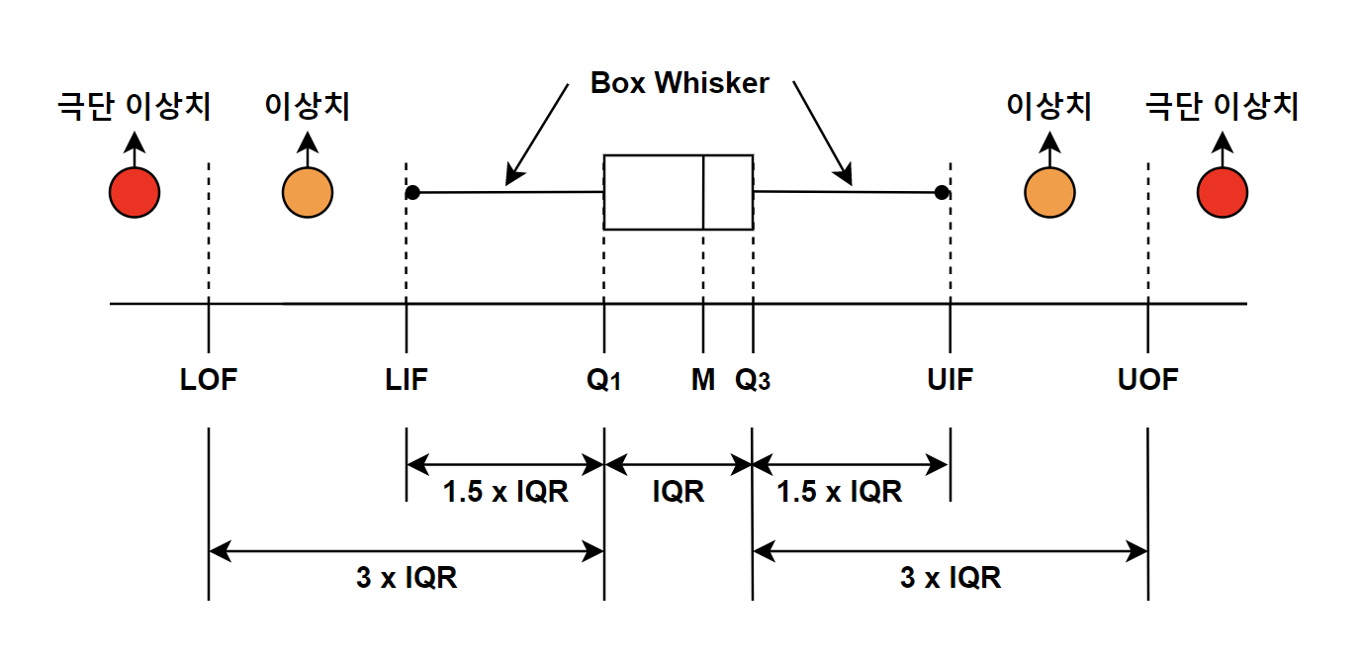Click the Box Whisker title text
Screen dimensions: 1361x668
[680, 83]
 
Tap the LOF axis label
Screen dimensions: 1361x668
[209, 379]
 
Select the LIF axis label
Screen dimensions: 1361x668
[407, 379]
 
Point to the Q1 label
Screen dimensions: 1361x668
[603, 380]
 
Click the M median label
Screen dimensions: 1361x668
[703, 379]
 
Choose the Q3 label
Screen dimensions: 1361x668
[752, 380]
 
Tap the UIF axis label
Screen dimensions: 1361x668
[951, 379]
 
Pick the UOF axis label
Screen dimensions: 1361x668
[1147, 379]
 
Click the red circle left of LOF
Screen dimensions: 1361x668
[135, 193]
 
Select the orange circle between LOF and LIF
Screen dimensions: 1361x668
[308, 193]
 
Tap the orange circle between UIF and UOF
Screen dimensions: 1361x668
[1049, 193]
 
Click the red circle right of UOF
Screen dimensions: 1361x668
[1223, 193]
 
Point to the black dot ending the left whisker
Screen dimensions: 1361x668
[412, 193]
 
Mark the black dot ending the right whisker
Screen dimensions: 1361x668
[942, 193]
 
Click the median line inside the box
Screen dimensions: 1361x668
[703, 192]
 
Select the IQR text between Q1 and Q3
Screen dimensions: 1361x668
[679, 491]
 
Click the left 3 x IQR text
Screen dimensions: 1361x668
[407, 577]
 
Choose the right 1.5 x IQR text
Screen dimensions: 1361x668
[839, 491]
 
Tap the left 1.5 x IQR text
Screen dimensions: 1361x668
[505, 491]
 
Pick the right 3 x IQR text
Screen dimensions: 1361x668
[951, 577]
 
